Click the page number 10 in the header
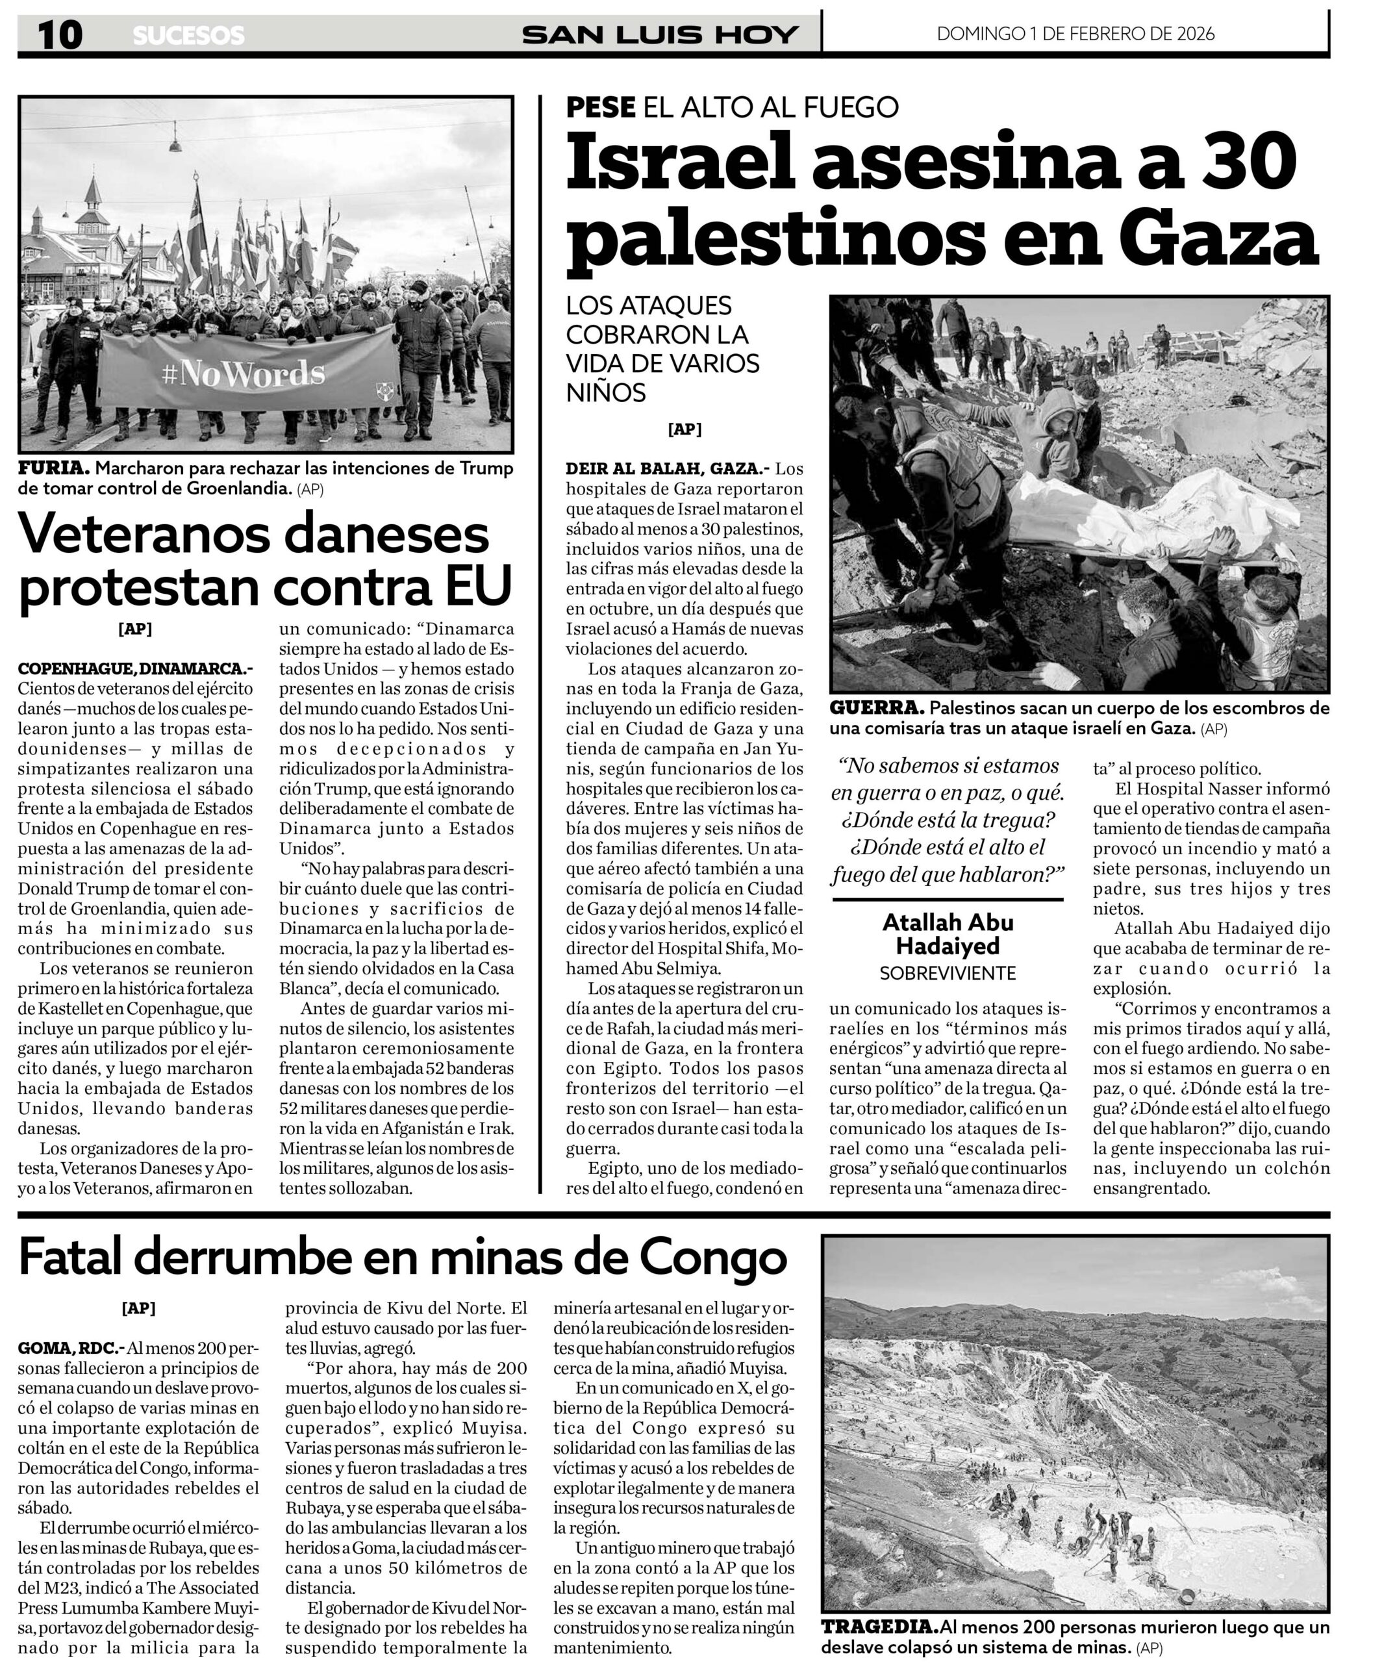[59, 35]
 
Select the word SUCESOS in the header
[188, 36]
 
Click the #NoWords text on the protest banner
[243, 374]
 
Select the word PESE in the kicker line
[600, 107]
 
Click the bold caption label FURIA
[54, 468]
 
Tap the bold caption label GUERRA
[877, 708]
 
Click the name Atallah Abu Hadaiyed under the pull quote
[948, 934]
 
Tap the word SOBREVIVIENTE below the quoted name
[948, 973]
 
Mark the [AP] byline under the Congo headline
[138, 1308]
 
